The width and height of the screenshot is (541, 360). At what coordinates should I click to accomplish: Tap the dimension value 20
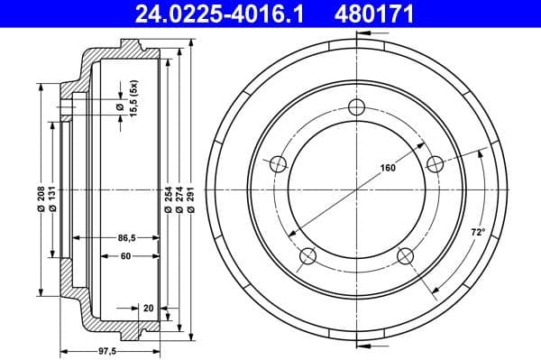pos(147,308)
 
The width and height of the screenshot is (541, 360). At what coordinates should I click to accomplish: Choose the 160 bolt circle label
pos(388,168)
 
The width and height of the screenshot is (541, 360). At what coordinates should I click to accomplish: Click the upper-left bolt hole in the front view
pos(279,163)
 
